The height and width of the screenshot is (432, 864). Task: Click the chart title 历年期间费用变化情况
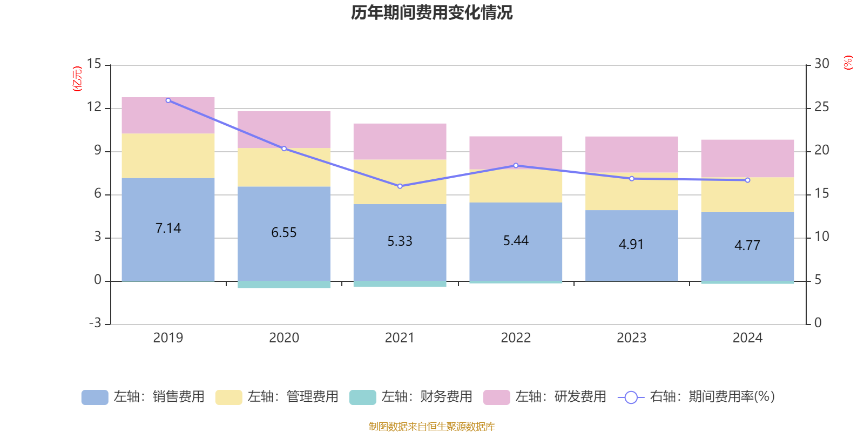click(431, 13)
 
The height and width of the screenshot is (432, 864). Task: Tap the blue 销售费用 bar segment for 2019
click(168, 254)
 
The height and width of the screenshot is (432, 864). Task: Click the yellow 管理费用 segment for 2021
click(400, 181)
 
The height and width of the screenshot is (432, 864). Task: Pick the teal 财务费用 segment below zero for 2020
click(284, 285)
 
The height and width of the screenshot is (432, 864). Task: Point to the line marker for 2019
click(168, 100)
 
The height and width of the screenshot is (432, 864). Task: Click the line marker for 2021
click(400, 186)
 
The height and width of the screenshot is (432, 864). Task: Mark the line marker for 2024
click(747, 180)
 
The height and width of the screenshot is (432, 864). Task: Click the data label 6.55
click(284, 233)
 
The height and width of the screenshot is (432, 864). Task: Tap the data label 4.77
click(747, 246)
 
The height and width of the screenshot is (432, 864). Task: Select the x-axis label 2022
click(516, 338)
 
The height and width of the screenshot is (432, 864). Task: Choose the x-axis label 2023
click(631, 338)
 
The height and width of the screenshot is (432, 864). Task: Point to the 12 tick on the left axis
click(94, 107)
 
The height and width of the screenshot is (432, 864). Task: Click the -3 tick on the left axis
click(94, 323)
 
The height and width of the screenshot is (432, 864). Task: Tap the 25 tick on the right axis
click(821, 107)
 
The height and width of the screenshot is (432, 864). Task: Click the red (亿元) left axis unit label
click(77, 79)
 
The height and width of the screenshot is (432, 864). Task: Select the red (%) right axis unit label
click(848, 63)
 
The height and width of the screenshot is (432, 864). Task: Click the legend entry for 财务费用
click(411, 397)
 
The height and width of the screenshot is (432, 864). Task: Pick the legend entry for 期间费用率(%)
click(697, 397)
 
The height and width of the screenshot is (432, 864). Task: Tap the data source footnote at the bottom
click(431, 427)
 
